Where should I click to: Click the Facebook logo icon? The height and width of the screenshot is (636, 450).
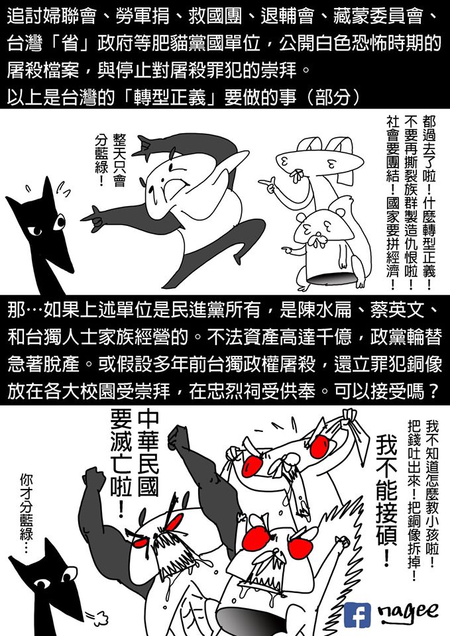pyautogui.click(x=357, y=615)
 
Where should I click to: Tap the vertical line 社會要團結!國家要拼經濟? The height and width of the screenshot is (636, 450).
pyautogui.click(x=392, y=202)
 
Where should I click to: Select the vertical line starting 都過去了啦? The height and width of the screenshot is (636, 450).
pyautogui.click(x=429, y=202)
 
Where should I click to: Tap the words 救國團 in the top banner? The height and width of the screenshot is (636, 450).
pyautogui.click(x=215, y=16)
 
